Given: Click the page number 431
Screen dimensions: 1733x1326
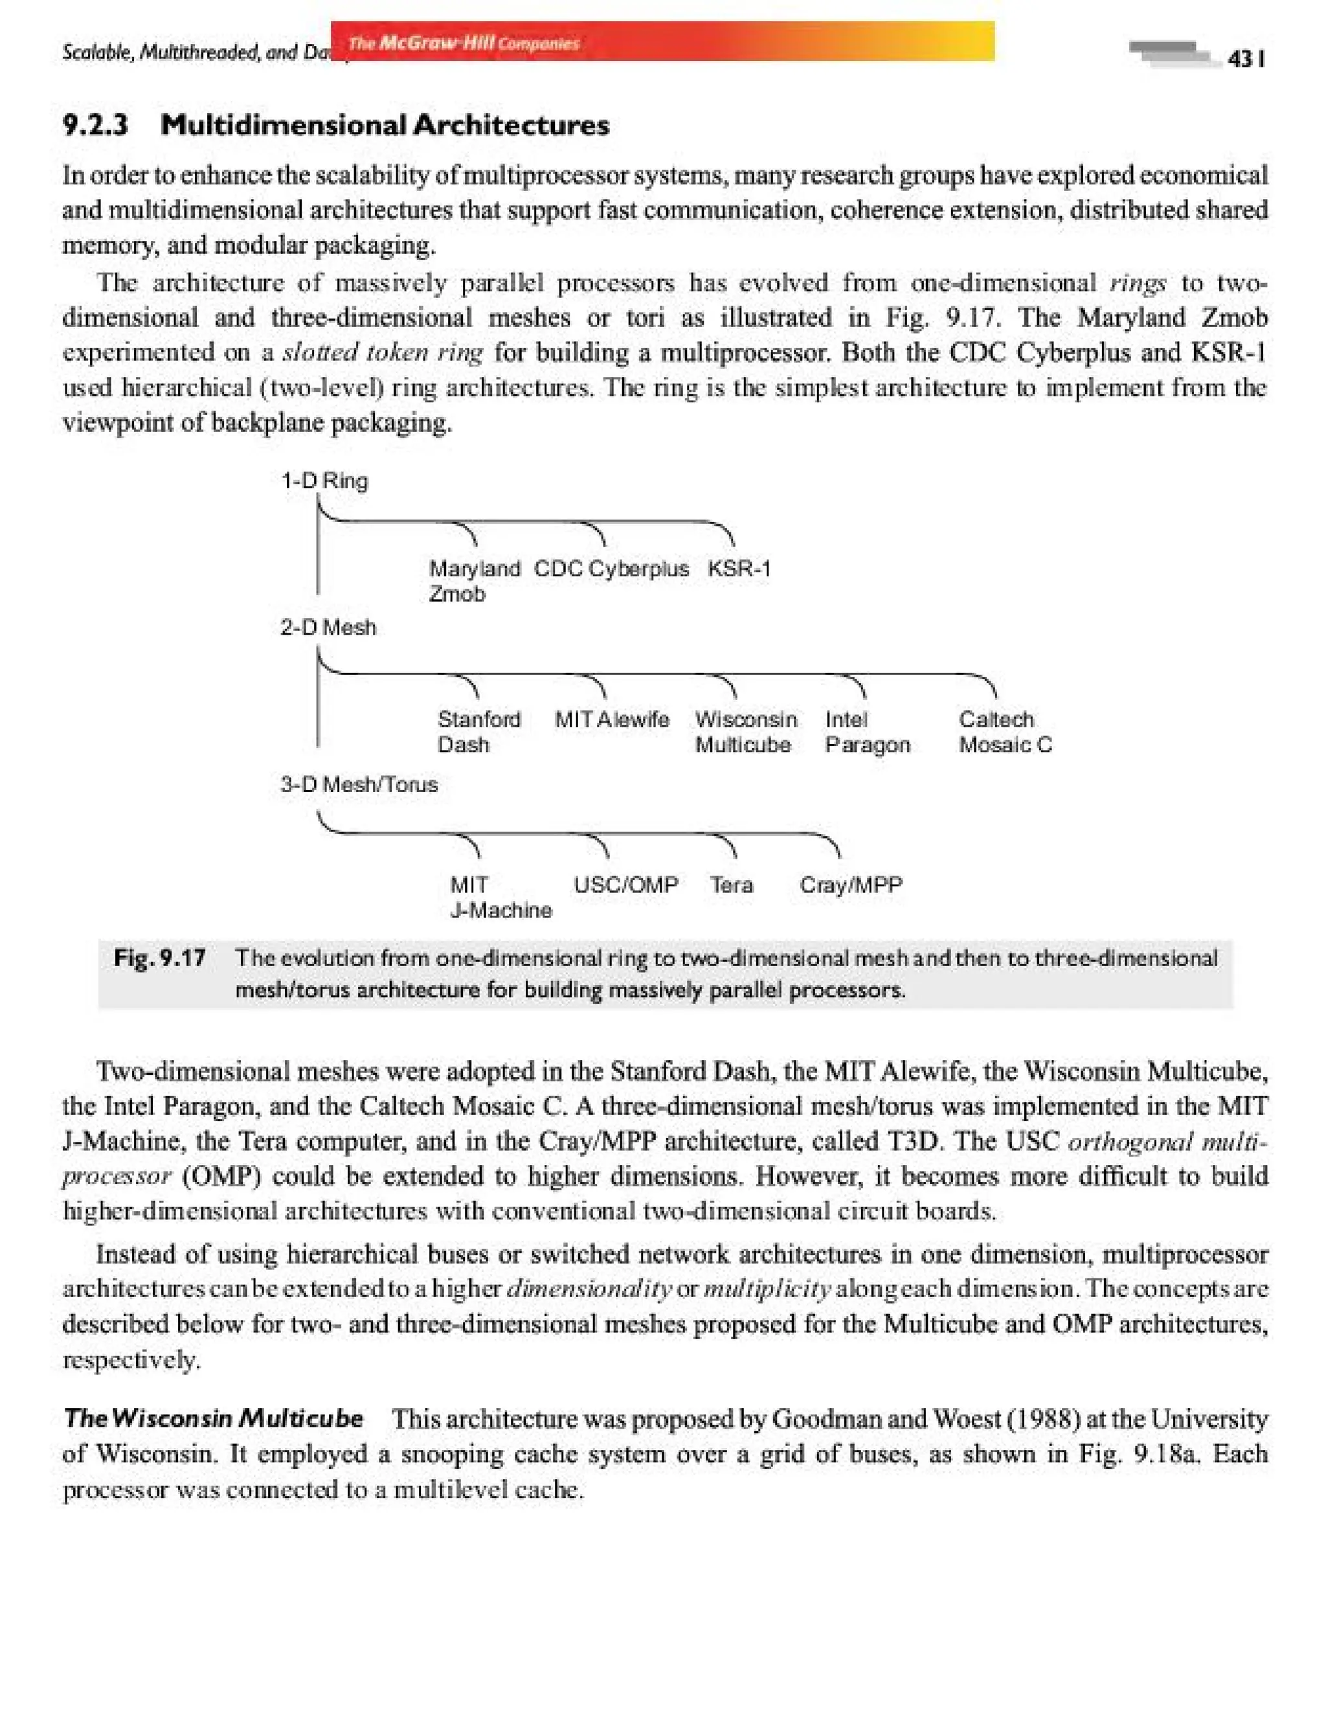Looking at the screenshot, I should click(x=1246, y=59).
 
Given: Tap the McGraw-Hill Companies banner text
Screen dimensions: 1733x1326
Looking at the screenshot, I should click(x=464, y=43).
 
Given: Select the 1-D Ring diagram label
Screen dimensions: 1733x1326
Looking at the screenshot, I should click(x=324, y=480).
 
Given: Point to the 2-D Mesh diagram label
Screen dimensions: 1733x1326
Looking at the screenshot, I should click(x=328, y=627).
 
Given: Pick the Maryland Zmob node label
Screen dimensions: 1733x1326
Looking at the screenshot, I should click(x=473, y=580).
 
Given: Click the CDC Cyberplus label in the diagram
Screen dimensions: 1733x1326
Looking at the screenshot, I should click(x=611, y=569).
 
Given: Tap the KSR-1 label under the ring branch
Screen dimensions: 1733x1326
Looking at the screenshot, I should click(x=739, y=569).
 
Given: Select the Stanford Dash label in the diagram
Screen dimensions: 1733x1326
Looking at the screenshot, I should click(x=479, y=731).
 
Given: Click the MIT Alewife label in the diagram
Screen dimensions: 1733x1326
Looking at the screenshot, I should click(x=612, y=719).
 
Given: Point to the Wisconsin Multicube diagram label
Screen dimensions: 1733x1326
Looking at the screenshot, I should click(x=745, y=731).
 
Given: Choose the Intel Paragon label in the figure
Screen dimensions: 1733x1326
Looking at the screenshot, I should click(x=867, y=731).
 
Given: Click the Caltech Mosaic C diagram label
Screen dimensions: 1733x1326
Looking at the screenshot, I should click(x=1005, y=731).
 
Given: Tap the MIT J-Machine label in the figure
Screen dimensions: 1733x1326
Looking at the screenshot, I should click(x=500, y=897).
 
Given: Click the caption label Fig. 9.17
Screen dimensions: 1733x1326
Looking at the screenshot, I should click(x=159, y=958).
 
